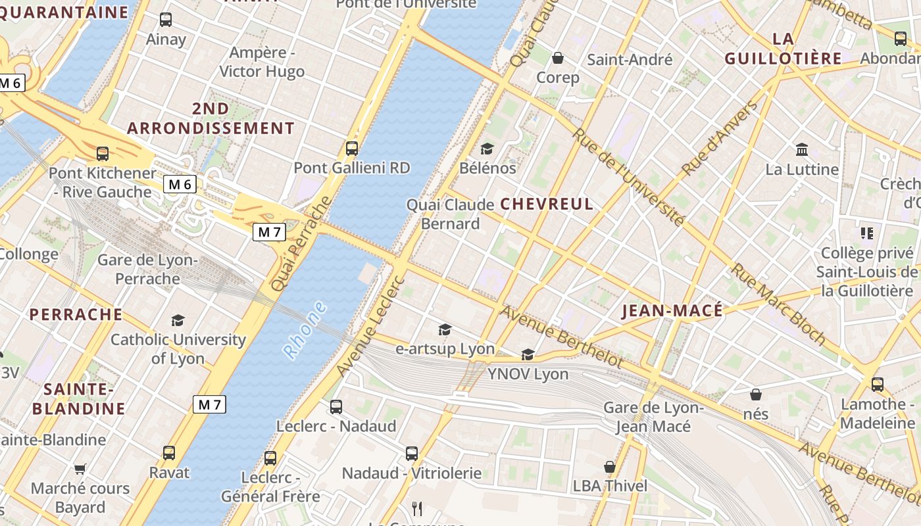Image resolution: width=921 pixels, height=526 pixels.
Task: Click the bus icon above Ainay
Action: [166, 20]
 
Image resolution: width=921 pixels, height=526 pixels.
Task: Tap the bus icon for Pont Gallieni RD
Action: [352, 149]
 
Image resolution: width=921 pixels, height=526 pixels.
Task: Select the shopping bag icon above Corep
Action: [558, 59]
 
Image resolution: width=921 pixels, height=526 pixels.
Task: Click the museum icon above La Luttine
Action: [802, 150]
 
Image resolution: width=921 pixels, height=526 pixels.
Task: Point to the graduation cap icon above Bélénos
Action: [487, 149]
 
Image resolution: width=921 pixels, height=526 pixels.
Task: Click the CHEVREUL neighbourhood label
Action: [547, 204]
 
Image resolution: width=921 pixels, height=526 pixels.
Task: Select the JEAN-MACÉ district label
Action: [672, 310]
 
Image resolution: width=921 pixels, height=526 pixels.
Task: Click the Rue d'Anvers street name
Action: [720, 139]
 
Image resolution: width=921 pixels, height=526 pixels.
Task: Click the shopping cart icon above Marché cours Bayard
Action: [80, 469]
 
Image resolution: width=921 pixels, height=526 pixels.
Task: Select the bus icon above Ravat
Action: [169, 453]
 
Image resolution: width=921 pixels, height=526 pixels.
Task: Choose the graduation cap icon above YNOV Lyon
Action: [528, 355]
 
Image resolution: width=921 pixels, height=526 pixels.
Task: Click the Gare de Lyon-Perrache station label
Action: [147, 270]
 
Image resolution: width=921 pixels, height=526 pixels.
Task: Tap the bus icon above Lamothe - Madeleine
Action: [878, 385]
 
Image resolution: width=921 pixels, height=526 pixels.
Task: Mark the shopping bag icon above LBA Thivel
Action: [610, 467]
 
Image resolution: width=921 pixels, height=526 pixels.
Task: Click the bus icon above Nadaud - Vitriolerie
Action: [412, 454]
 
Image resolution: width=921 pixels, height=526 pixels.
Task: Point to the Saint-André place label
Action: [630, 60]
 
